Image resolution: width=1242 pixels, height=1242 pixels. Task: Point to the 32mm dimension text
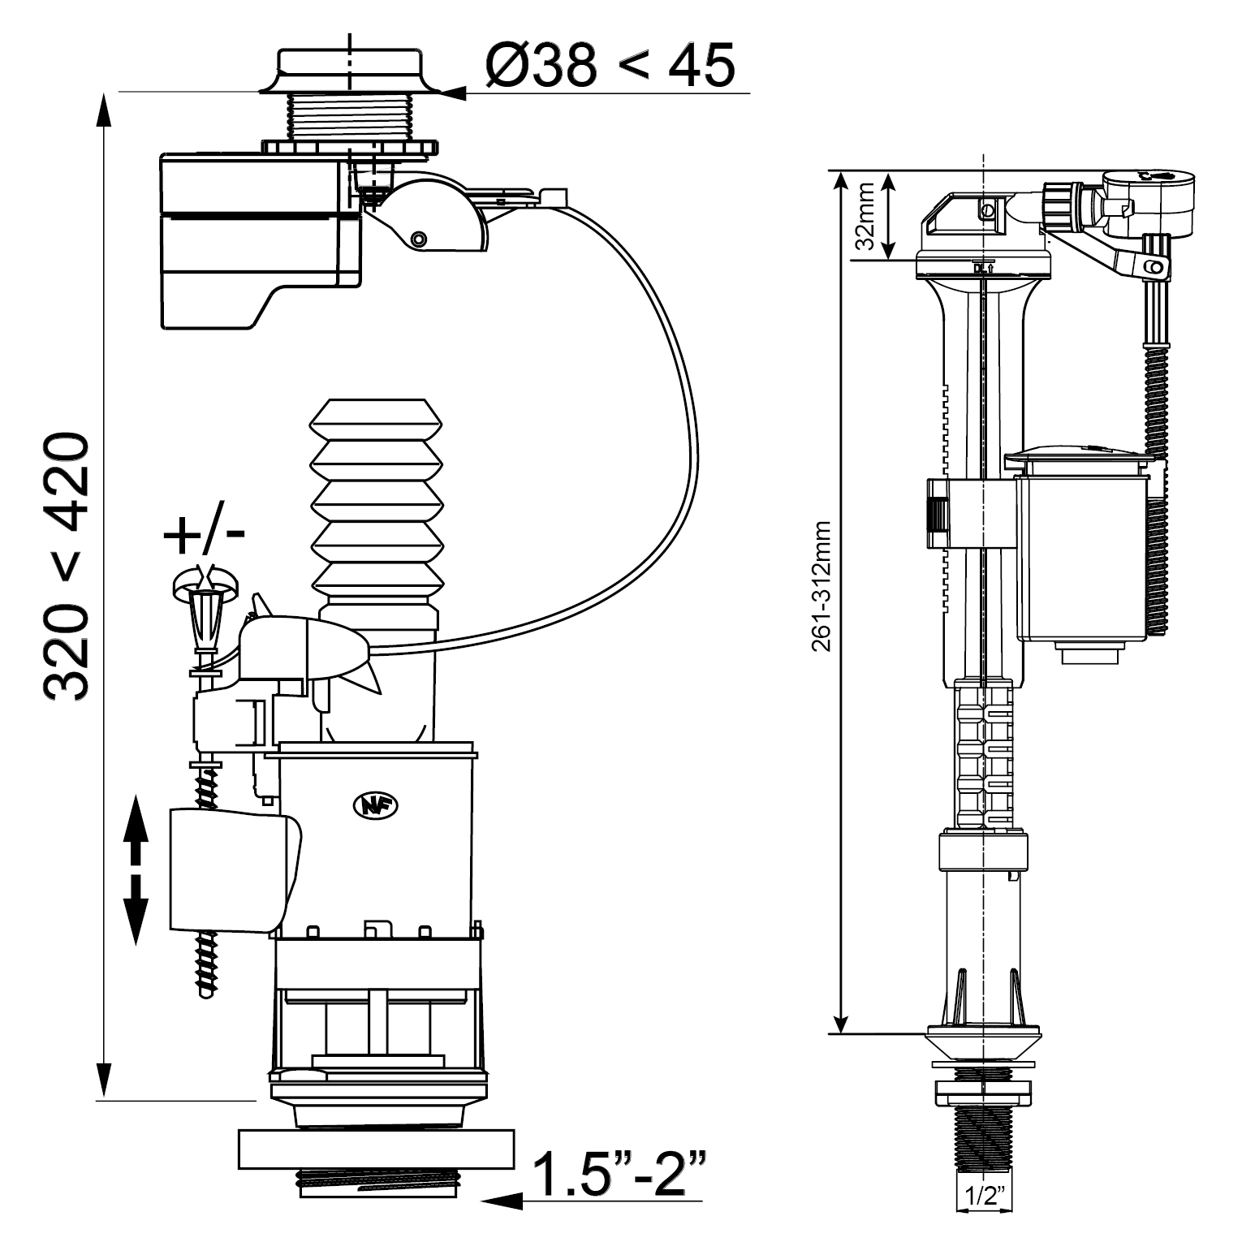pos(866,216)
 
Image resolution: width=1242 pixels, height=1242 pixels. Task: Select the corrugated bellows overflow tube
pos(377,495)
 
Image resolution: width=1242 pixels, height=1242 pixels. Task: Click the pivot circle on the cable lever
pos(419,240)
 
